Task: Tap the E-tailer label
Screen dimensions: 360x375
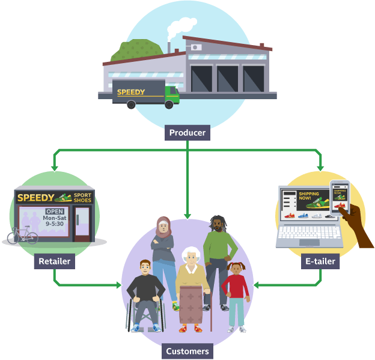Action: pos(320,261)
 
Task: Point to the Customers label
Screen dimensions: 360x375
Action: pos(187,351)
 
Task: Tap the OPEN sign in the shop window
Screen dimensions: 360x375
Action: pos(55,212)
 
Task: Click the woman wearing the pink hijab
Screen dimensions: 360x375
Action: pos(163,252)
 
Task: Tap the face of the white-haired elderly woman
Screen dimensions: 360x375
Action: pos(191,259)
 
